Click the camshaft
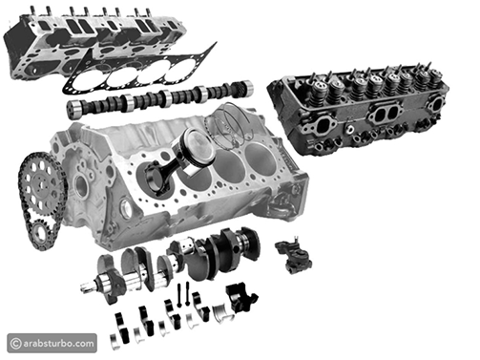click(x=159, y=97)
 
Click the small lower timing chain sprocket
click(x=41, y=233)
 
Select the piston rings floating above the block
click(x=227, y=125)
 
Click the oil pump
click(x=295, y=255)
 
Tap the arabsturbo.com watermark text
click(x=58, y=344)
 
